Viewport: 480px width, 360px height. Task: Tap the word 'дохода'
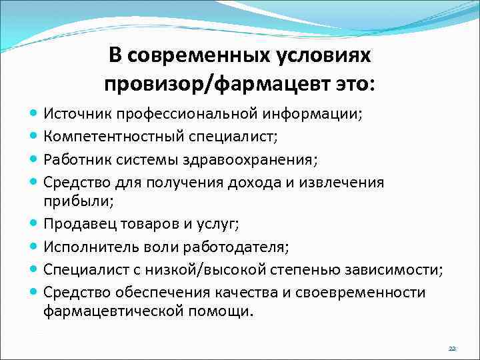(x=261, y=181)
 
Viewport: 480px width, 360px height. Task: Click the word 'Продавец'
(x=75, y=224)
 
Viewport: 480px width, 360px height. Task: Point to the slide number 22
(x=452, y=349)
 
